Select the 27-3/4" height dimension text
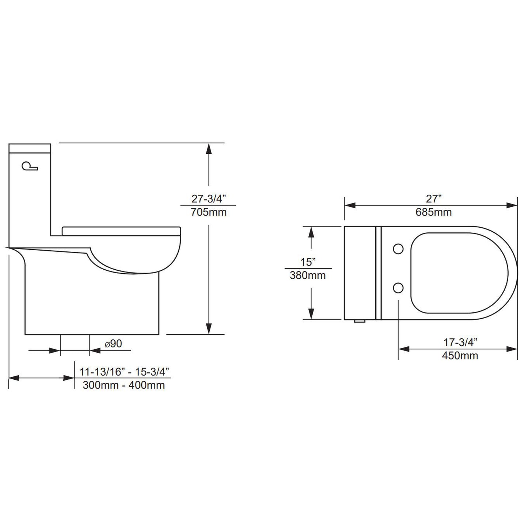pyautogui.click(x=209, y=199)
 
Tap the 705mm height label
pyautogui.click(x=209, y=212)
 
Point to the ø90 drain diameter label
pyautogui.click(x=113, y=344)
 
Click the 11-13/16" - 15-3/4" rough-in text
pyautogui.click(x=125, y=372)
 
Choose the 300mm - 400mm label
pyautogui.click(x=124, y=385)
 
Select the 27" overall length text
pyautogui.click(x=434, y=199)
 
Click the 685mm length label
pyautogui.click(x=434, y=212)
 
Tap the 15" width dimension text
pyautogui.click(x=308, y=262)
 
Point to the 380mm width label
pyautogui.click(x=308, y=275)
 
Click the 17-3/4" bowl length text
pyautogui.click(x=460, y=342)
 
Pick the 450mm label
pyautogui.click(x=460, y=355)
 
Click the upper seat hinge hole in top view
pyautogui.click(x=398, y=249)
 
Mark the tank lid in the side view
pyautogui.click(x=30, y=148)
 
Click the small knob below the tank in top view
pyautogui.click(x=359, y=322)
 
